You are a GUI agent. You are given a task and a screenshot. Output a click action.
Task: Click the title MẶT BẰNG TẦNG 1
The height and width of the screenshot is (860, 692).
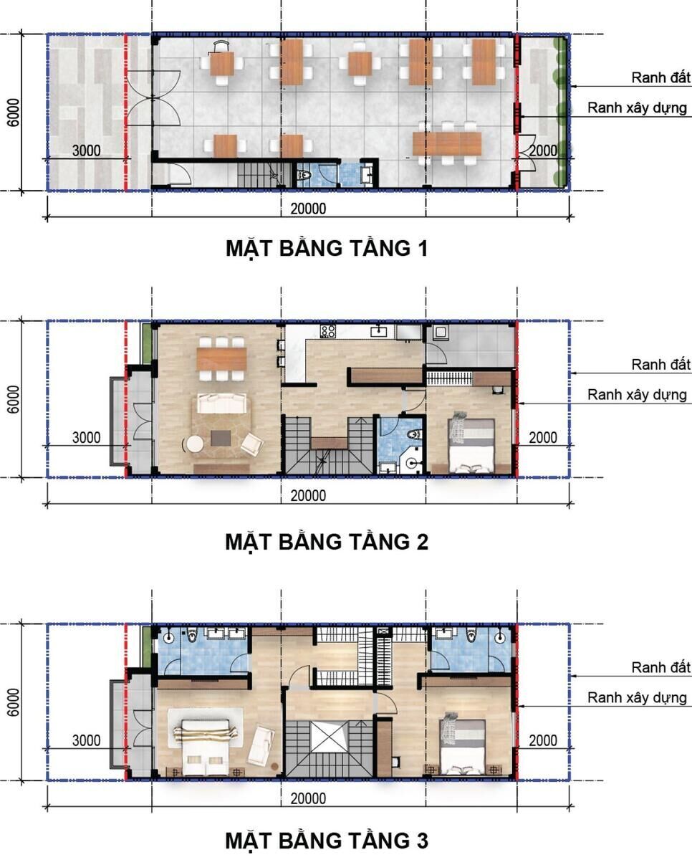[x=327, y=249]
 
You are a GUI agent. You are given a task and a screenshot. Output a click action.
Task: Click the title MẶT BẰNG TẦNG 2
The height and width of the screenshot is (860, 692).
[x=327, y=542]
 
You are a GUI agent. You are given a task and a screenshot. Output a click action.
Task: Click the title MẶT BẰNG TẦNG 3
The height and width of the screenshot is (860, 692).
[x=327, y=840]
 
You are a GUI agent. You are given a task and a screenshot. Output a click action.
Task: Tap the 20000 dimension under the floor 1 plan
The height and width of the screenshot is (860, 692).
[x=308, y=209]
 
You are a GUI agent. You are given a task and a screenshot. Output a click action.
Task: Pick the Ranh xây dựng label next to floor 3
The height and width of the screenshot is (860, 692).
[x=637, y=697]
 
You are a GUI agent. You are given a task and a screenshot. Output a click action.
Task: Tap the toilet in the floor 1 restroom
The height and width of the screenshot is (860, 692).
[x=304, y=175]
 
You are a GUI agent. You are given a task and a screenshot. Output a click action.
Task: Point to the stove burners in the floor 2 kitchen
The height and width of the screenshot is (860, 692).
[x=328, y=331]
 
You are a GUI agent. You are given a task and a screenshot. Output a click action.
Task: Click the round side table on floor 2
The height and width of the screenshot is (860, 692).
[x=194, y=445]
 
